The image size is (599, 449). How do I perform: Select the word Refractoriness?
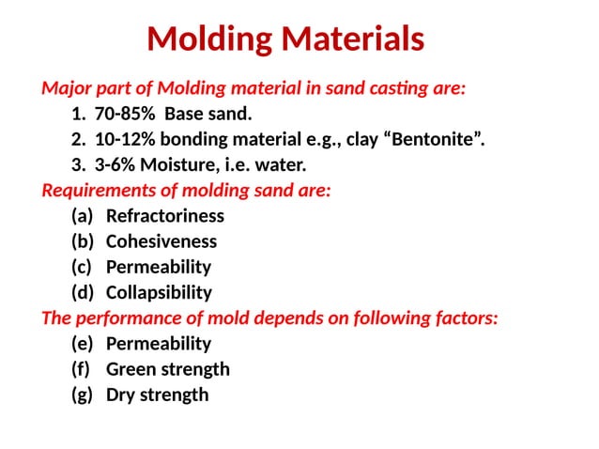165,216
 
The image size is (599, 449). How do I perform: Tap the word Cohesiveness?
161,241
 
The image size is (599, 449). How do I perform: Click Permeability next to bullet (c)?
158,267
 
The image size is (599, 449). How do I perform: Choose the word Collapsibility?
159,292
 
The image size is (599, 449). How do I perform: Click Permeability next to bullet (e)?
158,343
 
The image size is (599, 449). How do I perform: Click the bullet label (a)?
83,216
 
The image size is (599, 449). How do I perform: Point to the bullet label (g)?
83,394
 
